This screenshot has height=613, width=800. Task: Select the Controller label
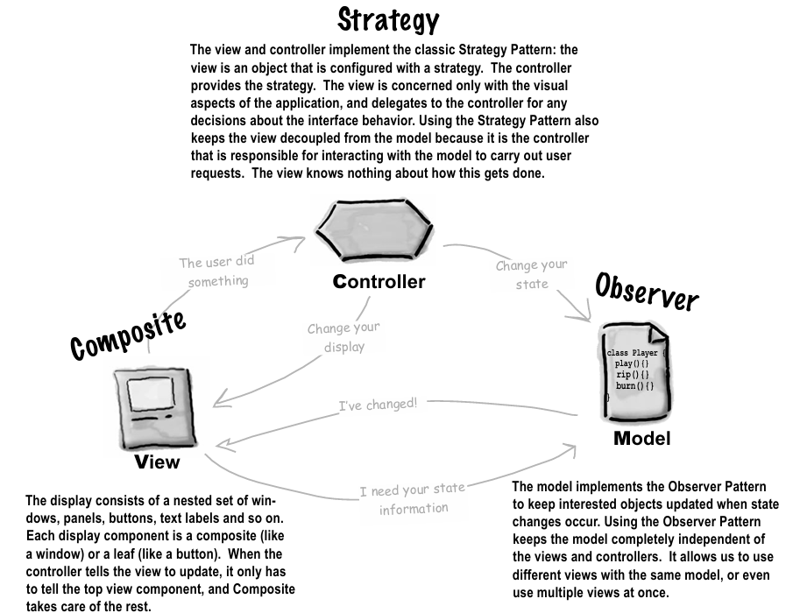click(x=379, y=282)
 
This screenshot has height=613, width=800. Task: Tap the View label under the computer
click(x=157, y=462)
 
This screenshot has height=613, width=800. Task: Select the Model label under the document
click(x=641, y=438)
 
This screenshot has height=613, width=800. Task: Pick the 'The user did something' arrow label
click(x=214, y=271)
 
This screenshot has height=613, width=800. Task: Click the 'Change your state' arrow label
click(x=531, y=273)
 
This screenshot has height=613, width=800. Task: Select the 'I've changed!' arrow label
click(x=378, y=405)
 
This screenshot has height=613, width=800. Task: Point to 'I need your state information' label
click(x=413, y=498)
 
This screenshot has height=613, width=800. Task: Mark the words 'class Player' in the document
click(x=632, y=352)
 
